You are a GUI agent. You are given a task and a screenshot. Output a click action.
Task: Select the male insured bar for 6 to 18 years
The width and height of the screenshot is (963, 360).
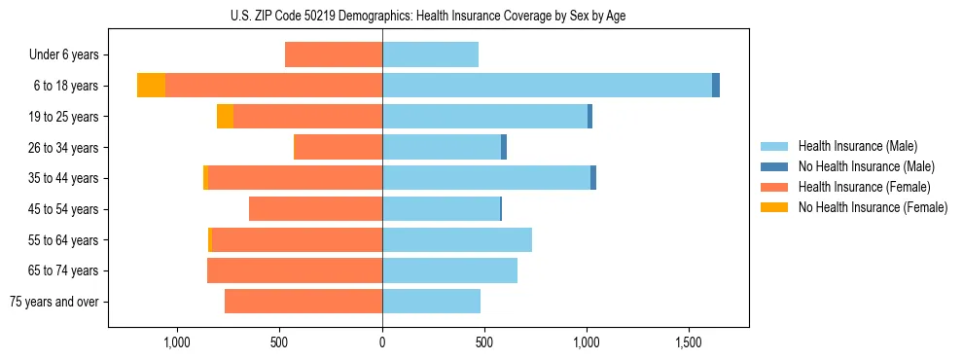547,86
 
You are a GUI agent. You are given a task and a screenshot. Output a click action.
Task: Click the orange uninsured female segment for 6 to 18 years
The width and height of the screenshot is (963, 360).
151,86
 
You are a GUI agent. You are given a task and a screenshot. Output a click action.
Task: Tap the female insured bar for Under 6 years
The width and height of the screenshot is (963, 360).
334,54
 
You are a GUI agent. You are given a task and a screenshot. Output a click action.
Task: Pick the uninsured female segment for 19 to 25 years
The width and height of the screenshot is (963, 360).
225,117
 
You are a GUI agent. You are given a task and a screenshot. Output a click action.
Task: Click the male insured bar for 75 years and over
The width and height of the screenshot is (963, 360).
431,302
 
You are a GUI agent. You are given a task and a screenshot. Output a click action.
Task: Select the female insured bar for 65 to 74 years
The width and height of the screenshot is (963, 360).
295,270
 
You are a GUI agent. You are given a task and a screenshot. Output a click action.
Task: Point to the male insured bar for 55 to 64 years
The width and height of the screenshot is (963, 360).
457,239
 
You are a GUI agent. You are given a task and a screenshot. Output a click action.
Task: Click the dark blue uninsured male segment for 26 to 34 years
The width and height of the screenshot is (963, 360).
504,147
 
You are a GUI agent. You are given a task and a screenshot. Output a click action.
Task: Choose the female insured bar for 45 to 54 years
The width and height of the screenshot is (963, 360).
315,209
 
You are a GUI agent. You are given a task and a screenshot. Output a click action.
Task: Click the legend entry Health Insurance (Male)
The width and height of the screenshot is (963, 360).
857,146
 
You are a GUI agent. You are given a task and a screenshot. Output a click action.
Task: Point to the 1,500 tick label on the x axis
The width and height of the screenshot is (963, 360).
689,342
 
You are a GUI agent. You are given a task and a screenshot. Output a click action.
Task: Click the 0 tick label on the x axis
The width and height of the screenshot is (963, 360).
382,342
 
